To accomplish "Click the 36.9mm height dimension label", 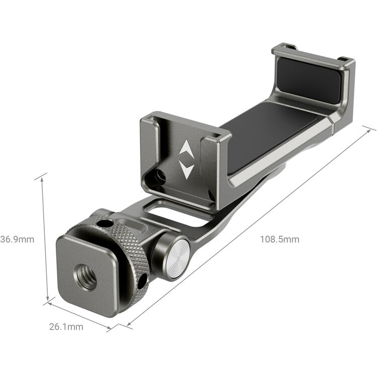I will coord(18,239).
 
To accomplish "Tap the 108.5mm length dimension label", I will coord(279,239).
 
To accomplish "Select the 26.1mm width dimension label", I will coord(66,327).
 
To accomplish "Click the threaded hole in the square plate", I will coord(86,277).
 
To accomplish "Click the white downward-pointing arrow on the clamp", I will coord(186,169).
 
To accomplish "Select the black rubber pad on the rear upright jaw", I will coord(310,79).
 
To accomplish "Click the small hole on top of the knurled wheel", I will coord(105,223).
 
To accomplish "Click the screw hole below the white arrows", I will coord(160,176).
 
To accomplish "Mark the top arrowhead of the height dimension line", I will coord(41,177).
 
